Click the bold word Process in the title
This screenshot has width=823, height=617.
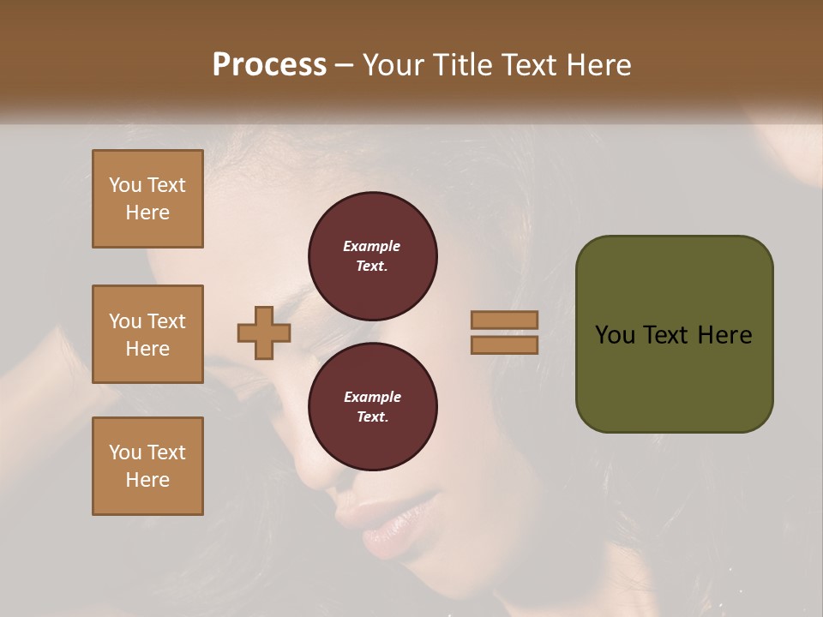pos(269,65)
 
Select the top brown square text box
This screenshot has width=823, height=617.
pos(147,199)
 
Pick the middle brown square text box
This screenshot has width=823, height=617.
pos(147,334)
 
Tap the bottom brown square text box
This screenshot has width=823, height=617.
pos(147,466)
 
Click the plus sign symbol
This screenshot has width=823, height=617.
pos(264,333)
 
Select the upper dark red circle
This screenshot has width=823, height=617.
pos(372,255)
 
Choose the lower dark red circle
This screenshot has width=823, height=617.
pos(372,406)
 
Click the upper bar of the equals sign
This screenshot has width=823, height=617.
pos(505,320)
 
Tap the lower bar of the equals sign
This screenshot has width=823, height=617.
pos(505,344)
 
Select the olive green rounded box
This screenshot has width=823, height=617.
pos(674,334)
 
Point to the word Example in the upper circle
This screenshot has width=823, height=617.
pos(372,246)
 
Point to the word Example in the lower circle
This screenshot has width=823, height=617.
pos(372,397)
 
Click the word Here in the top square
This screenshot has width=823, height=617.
pos(147,213)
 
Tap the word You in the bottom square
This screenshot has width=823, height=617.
pos(125,452)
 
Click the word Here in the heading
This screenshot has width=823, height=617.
pos(597,65)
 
